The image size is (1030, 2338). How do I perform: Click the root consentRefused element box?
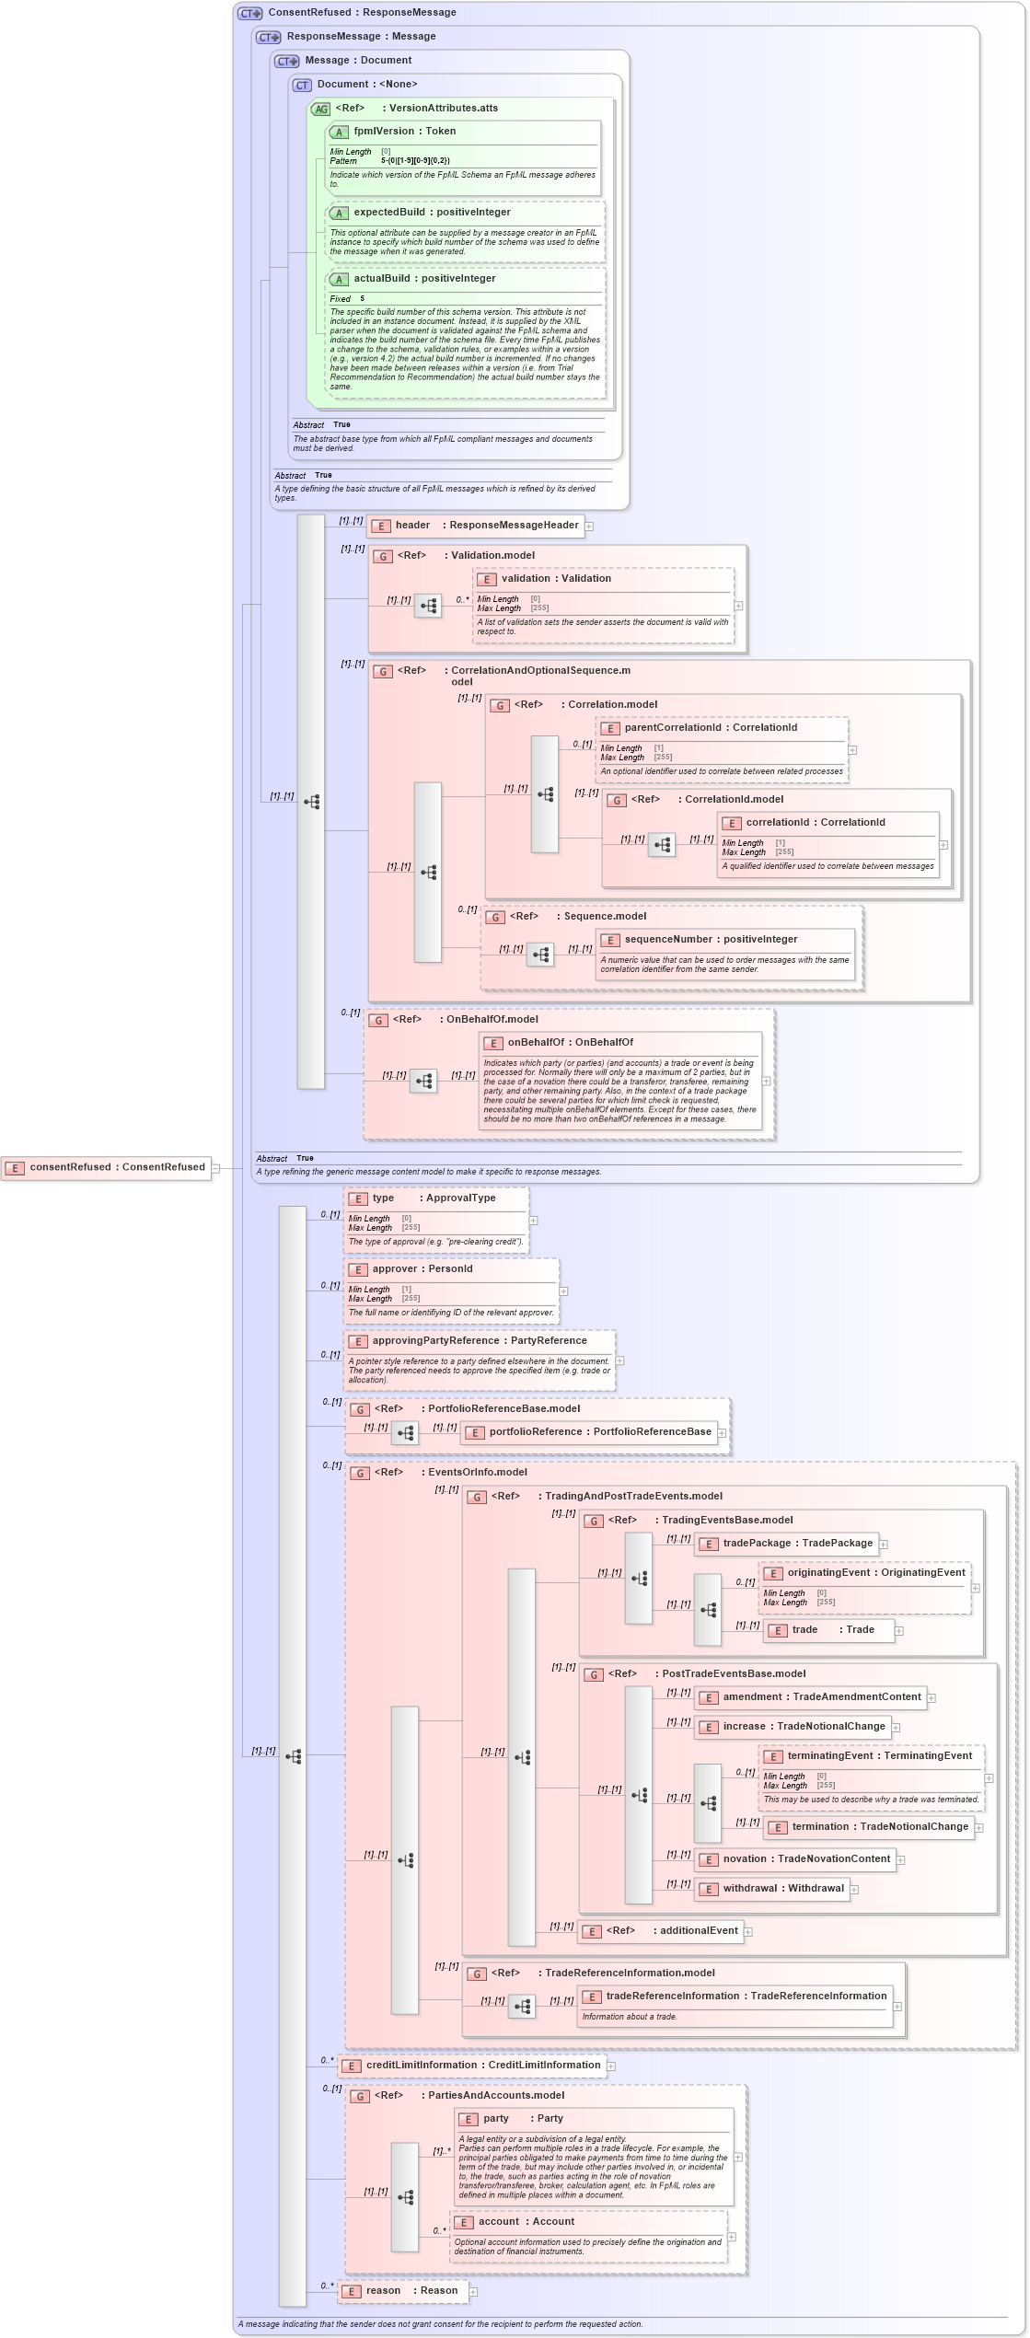coord(106,1167)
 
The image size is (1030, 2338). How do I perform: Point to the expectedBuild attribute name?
coord(389,213)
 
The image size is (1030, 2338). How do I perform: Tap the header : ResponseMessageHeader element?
coord(475,526)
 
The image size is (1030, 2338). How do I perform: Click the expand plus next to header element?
coord(589,527)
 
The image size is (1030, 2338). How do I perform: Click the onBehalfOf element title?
coord(570,1043)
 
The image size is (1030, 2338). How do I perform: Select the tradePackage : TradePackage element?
coord(788,1544)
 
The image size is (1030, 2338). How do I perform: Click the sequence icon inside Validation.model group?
coord(428,607)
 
